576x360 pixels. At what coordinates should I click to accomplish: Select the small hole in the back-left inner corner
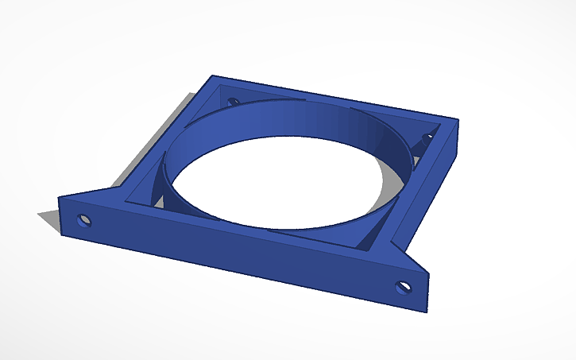pos(233,102)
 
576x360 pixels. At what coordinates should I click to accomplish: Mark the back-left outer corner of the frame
pos(211,76)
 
